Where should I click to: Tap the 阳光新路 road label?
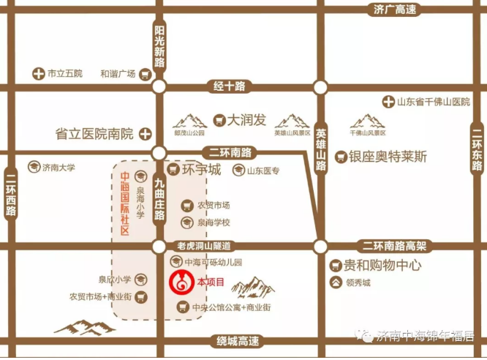[x=160, y=46]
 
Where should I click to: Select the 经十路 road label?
[x=229, y=86]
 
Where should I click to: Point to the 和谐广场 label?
[x=118, y=74]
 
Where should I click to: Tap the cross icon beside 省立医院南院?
[x=146, y=134]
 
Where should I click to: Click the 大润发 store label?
[x=246, y=119]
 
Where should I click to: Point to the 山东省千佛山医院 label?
[x=432, y=102]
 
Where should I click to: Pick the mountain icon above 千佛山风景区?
[x=367, y=121]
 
